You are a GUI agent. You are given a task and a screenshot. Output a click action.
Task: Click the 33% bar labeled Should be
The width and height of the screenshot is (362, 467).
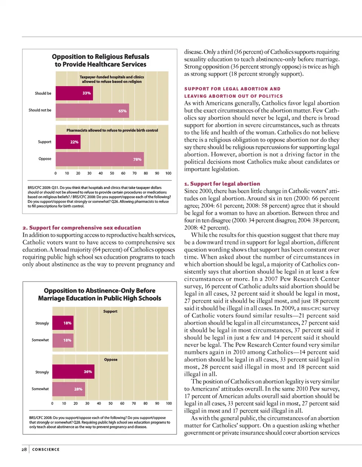[x=74, y=93]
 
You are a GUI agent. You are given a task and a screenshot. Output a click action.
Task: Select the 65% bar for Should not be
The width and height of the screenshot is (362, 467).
[x=92, y=111]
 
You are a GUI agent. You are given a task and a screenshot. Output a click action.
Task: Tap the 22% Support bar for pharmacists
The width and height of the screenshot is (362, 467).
[x=68, y=142]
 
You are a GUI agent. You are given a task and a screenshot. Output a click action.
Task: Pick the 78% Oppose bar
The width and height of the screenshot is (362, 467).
[x=100, y=159]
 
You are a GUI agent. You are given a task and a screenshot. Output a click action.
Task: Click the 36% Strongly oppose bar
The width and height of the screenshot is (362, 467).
[x=73, y=372]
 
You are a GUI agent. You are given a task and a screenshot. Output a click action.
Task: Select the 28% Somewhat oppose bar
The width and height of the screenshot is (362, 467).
[x=68, y=389]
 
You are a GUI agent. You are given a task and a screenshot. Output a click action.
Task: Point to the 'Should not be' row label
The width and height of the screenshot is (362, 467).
[x=40, y=110]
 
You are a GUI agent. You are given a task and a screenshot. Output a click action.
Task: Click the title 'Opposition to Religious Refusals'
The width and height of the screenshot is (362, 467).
[x=101, y=57]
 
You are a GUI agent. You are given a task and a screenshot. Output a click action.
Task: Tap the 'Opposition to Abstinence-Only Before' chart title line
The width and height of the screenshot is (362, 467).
[x=100, y=291]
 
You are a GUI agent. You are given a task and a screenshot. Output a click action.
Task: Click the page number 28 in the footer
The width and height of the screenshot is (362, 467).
[x=24, y=449]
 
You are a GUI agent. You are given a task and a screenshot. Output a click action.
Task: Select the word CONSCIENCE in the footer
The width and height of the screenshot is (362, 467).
[x=46, y=450]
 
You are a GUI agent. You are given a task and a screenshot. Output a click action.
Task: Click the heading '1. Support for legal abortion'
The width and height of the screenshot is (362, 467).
[x=222, y=184]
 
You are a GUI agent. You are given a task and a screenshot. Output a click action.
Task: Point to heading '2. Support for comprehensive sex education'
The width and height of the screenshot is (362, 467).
[x=81, y=228]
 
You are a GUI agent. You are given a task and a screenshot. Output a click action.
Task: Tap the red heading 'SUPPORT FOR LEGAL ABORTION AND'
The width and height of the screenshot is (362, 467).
[x=232, y=89]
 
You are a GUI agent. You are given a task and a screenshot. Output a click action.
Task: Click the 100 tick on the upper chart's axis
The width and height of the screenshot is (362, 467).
[x=168, y=173]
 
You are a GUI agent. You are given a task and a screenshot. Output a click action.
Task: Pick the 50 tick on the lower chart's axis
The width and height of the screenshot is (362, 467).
[x=110, y=404]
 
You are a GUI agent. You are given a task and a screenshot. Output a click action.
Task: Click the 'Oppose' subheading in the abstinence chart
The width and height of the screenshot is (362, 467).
[x=110, y=360]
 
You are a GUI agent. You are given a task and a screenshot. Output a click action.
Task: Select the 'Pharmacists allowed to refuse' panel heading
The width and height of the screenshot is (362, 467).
[x=112, y=130]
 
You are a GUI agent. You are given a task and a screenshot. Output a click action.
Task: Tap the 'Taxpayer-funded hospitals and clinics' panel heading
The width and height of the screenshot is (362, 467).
[x=112, y=77]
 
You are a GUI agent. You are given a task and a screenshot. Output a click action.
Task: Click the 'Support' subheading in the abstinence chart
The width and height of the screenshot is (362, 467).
[x=110, y=311]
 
